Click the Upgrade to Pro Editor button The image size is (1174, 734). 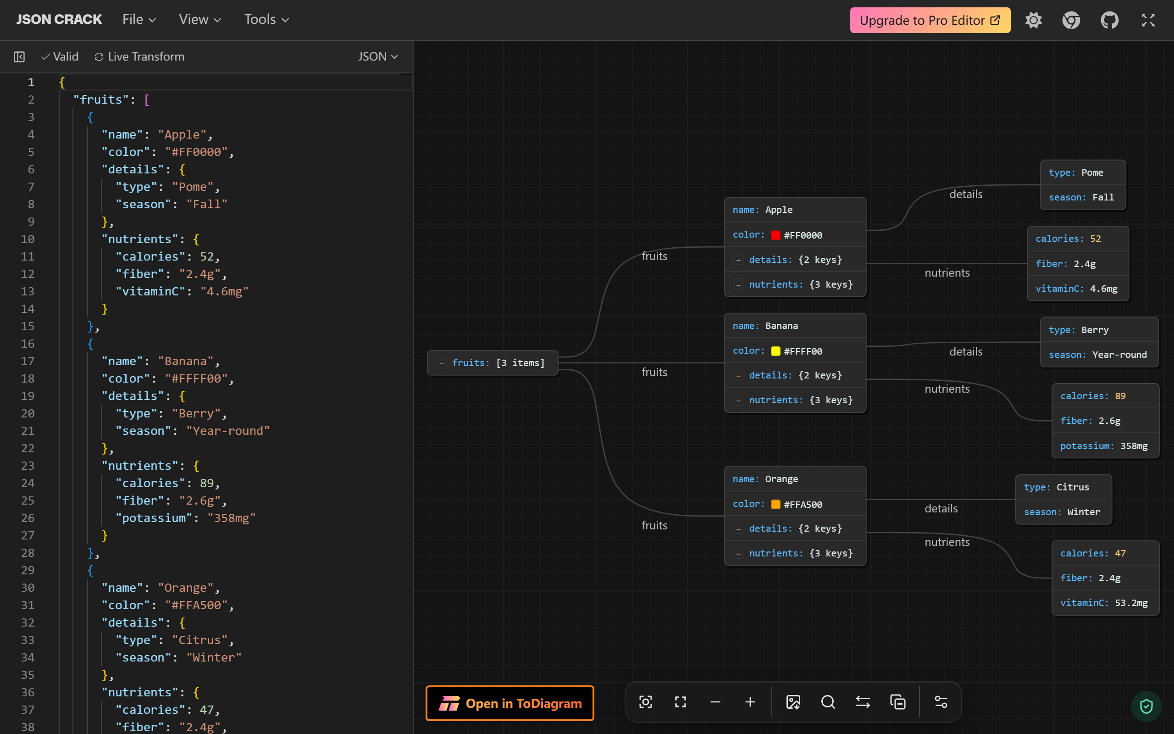tap(930, 20)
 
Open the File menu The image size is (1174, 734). tap(139, 19)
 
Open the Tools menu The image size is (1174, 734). tap(266, 19)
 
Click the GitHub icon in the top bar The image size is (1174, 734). tap(1109, 20)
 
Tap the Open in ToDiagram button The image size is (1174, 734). tap(510, 703)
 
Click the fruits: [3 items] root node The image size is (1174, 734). tap(493, 362)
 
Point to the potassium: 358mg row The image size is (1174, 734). tap(1105, 445)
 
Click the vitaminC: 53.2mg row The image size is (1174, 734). tap(1105, 603)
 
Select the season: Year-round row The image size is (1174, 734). tap(1099, 355)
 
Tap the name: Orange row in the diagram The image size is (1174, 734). tap(795, 479)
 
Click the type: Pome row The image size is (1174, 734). tap(1083, 173)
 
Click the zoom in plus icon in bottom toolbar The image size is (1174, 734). tap(750, 702)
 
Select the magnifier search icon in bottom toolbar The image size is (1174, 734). tap(828, 702)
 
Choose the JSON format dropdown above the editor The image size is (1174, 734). tap(378, 57)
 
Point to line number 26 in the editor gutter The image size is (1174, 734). tap(28, 518)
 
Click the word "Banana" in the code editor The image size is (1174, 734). tap(186, 361)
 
